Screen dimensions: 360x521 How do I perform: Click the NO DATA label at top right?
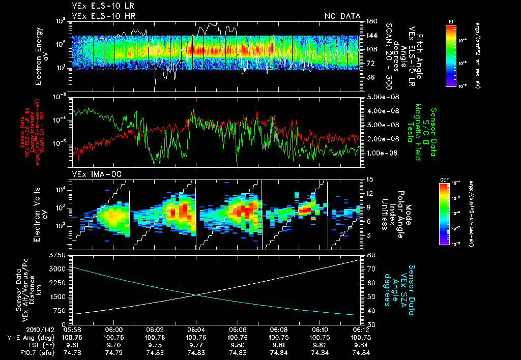tap(342, 16)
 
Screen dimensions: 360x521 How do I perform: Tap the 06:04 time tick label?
tap(196, 329)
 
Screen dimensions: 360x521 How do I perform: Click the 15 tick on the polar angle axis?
tap(369, 179)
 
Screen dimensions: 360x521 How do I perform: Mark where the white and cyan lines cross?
tap(197, 295)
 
